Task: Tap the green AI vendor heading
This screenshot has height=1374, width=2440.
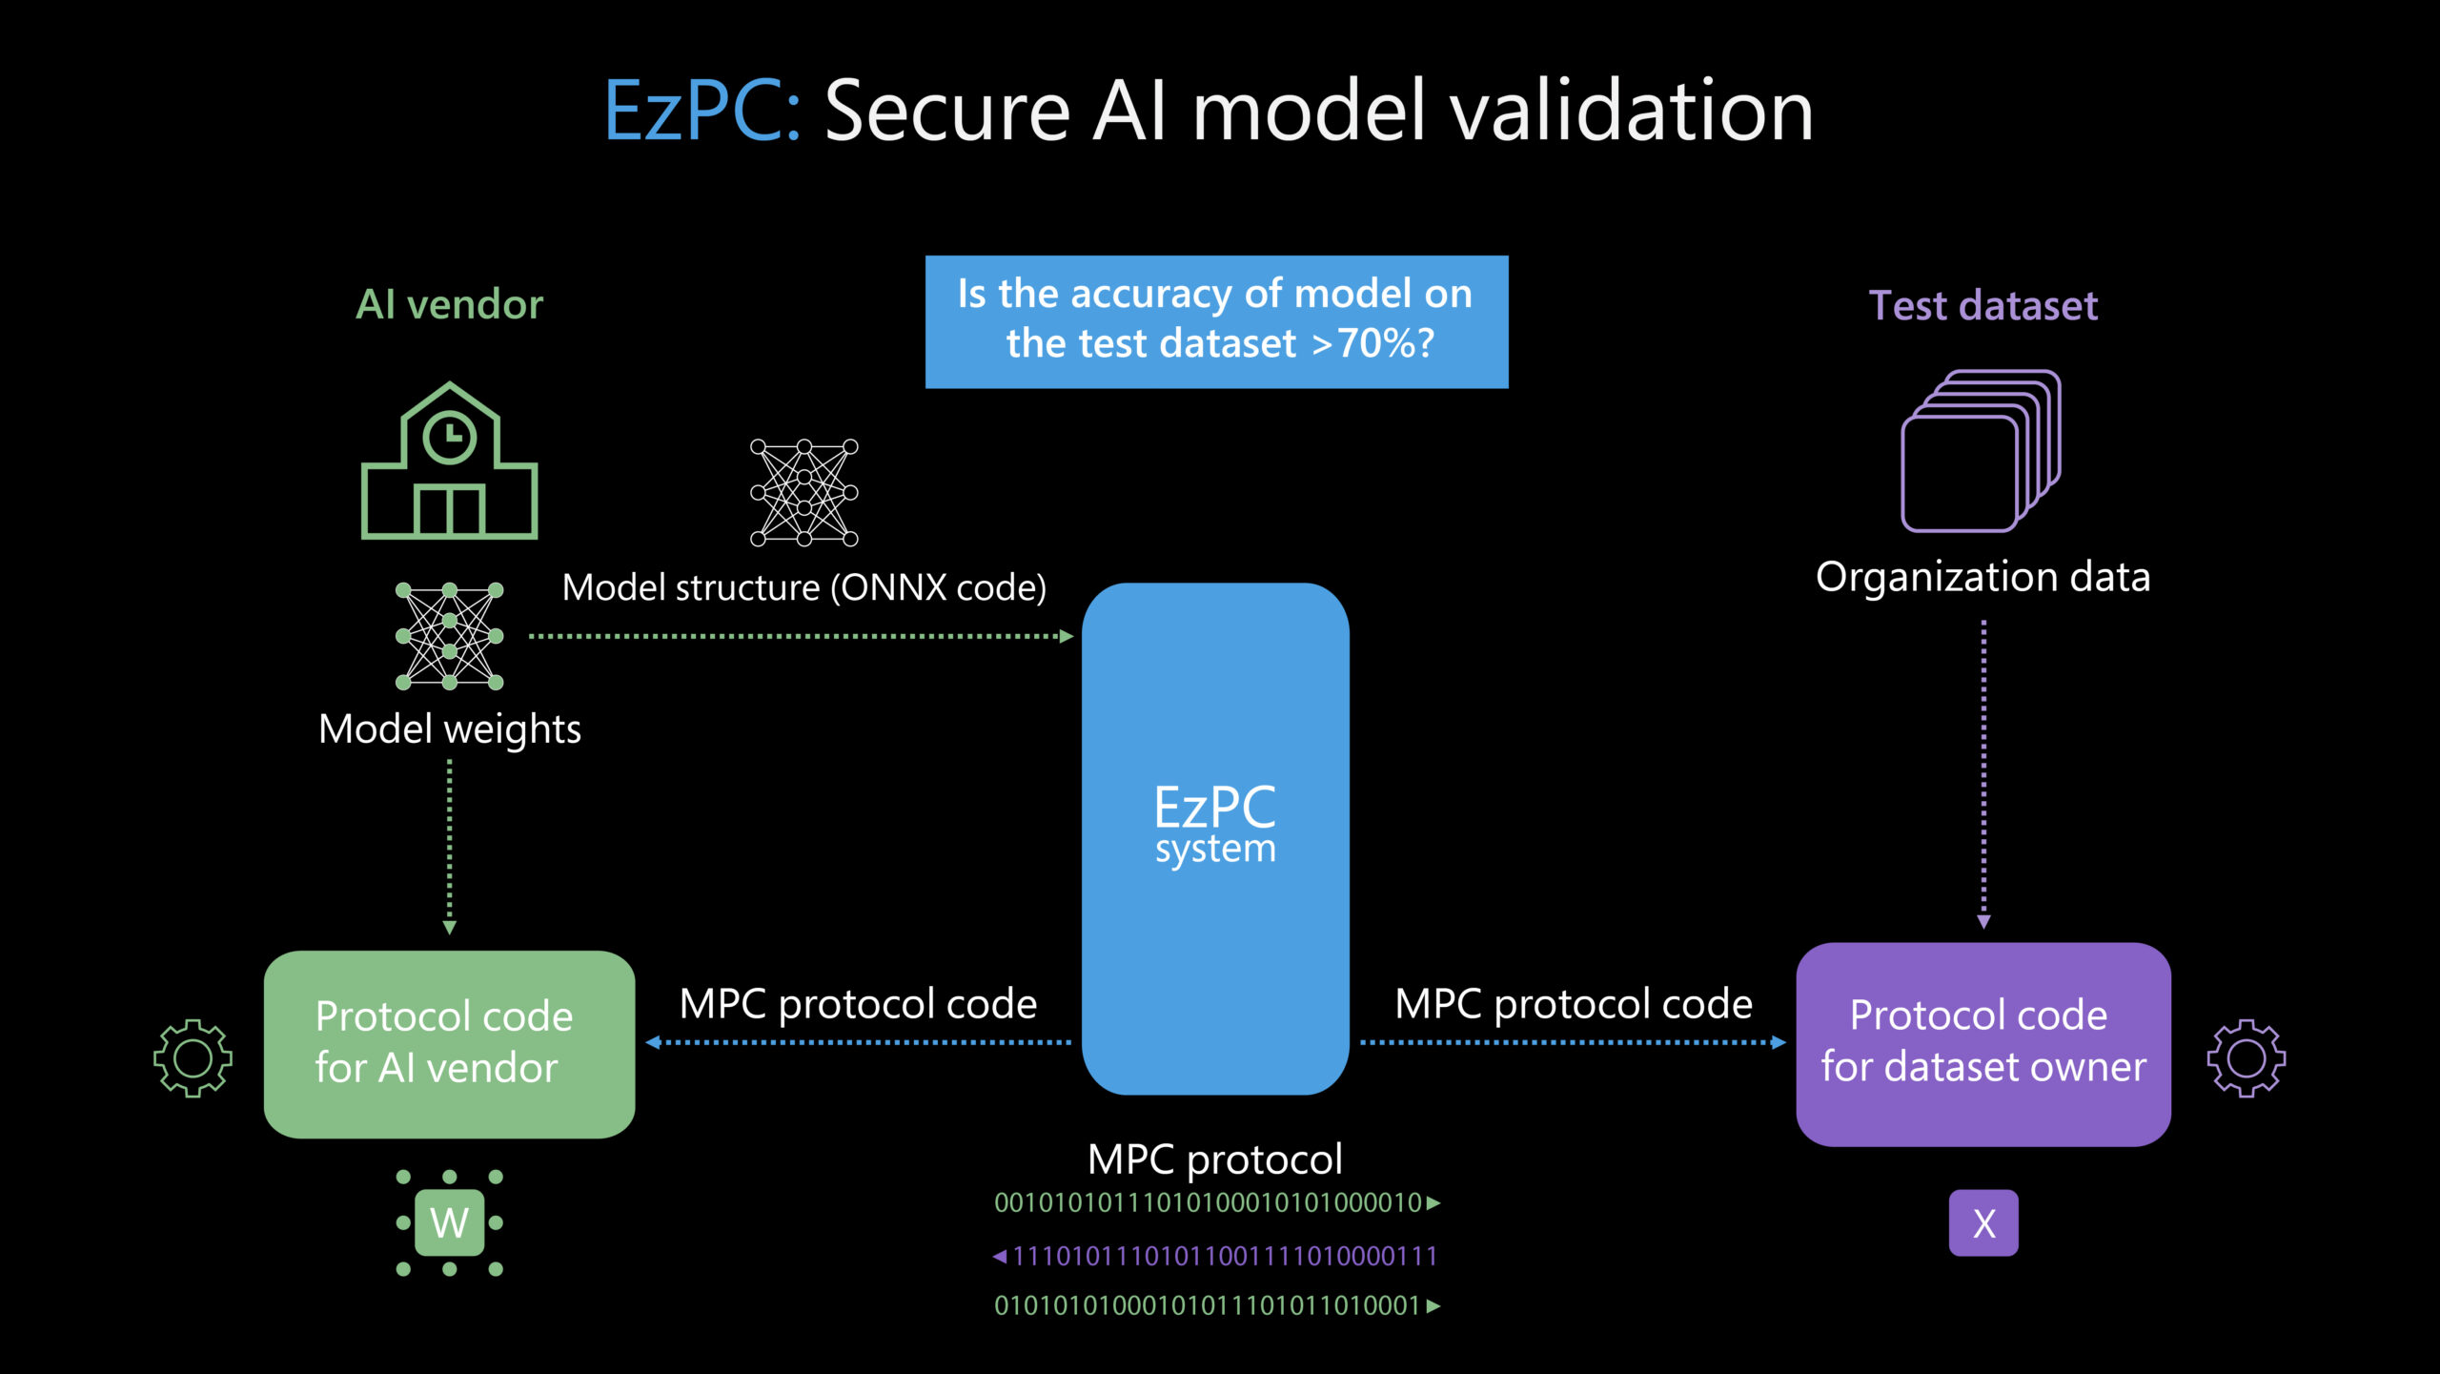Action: [449, 305]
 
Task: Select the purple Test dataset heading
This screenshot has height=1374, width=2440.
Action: [1982, 306]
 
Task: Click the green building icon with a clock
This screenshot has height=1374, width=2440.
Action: [449, 462]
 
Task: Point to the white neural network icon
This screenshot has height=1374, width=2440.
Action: [803, 492]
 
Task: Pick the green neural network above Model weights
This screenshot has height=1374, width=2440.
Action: [449, 636]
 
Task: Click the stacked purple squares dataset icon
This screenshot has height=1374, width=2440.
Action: [1981, 450]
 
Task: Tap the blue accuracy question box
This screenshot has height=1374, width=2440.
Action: [1216, 321]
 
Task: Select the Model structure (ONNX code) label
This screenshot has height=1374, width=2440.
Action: [803, 587]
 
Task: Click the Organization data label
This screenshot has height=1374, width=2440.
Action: [1982, 577]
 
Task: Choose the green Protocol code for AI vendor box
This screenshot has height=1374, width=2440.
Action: [449, 1043]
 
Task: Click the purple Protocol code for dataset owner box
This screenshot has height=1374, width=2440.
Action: [1982, 1043]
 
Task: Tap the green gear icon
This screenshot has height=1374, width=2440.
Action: [193, 1057]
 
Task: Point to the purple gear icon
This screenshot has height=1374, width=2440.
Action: [2246, 1057]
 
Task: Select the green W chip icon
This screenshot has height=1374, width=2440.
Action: [449, 1222]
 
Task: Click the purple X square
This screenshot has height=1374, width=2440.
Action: [1983, 1222]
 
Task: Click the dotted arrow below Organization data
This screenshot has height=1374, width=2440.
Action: [1983, 772]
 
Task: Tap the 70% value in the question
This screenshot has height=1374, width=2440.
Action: [1372, 343]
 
